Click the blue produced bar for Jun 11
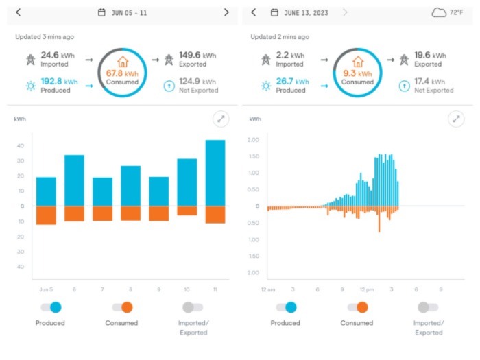[x=215, y=173]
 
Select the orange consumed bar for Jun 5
[x=46, y=215]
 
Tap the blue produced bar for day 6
[x=74, y=180]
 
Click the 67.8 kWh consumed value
[x=122, y=73]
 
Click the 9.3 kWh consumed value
[x=357, y=73]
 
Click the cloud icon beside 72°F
[x=439, y=12]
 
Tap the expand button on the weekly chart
[x=221, y=119]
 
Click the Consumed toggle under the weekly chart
[x=122, y=307]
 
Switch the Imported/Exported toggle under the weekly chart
[x=193, y=307]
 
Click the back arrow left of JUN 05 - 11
[x=18, y=12]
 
